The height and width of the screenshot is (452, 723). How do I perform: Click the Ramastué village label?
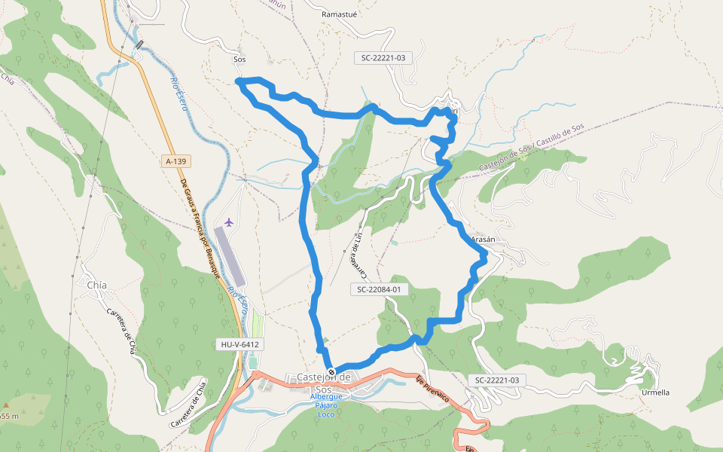(x=338, y=14)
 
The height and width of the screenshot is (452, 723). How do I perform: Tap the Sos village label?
(x=239, y=59)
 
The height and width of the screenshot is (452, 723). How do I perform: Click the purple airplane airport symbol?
(x=229, y=223)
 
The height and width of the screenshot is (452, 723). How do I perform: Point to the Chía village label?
(x=97, y=285)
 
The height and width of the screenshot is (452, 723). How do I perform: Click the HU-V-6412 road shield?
(x=240, y=344)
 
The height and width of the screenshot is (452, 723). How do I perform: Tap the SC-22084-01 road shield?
(x=379, y=289)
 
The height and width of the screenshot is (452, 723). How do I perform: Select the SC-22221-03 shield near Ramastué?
(x=383, y=57)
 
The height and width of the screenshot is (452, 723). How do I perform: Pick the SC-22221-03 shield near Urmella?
(x=494, y=380)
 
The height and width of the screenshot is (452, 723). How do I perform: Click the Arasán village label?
(x=484, y=239)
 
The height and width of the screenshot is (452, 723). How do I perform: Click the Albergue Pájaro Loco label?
(x=326, y=405)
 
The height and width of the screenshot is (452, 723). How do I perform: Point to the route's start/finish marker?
(x=331, y=371)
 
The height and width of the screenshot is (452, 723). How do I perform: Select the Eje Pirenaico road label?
(x=432, y=387)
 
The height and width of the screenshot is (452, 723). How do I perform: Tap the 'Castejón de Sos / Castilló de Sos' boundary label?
(x=531, y=142)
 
